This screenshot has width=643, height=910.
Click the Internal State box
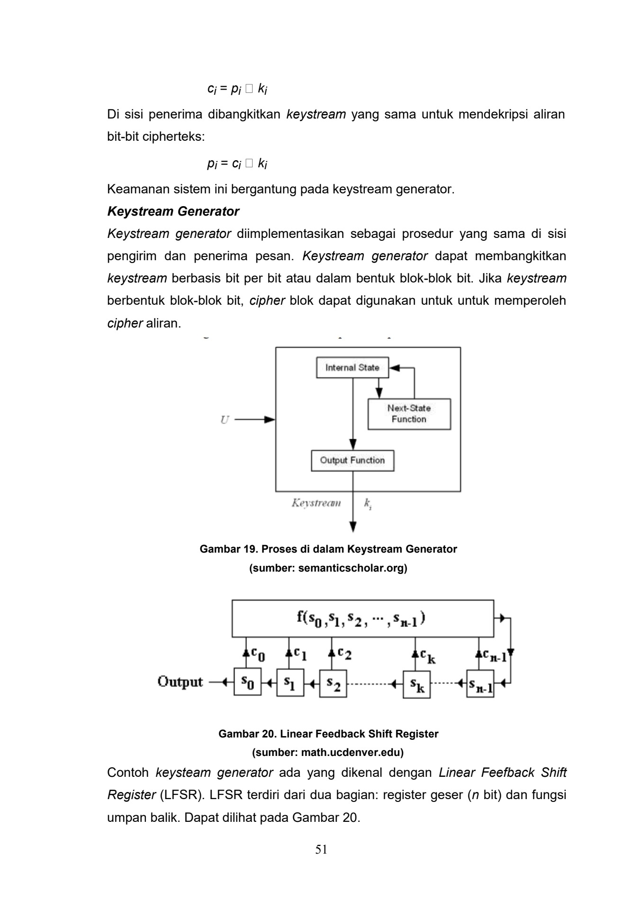point(352,368)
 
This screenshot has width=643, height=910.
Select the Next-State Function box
point(409,414)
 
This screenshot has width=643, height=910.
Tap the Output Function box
point(352,460)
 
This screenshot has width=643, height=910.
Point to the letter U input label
point(225,419)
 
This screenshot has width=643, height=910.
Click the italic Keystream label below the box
point(316,503)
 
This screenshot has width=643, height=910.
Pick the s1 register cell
point(290,682)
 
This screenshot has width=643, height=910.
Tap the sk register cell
point(417,684)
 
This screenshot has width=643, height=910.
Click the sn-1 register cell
point(480,684)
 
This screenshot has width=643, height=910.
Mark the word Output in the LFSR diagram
point(180,682)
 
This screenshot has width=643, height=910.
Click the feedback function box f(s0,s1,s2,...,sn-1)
point(362,618)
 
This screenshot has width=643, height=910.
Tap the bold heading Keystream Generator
point(173,211)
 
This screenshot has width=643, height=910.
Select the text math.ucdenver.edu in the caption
point(351,752)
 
